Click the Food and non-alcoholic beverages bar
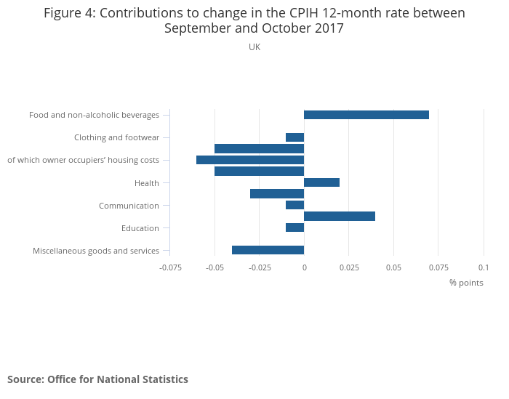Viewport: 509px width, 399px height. (366, 115)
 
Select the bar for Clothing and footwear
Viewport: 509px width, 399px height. (294, 137)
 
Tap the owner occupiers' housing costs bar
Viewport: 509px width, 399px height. (249, 160)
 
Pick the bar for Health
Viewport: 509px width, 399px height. (321, 182)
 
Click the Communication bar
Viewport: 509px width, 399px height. (294, 205)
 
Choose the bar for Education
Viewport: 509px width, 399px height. (294, 227)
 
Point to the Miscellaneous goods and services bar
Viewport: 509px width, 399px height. (268, 250)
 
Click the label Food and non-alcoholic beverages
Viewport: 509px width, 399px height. (94, 115)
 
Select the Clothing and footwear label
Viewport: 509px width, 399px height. (116, 137)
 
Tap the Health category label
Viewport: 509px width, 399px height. (147, 183)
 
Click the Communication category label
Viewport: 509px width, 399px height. (129, 206)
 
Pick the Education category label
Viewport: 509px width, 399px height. (140, 228)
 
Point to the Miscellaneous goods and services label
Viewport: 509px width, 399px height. (96, 251)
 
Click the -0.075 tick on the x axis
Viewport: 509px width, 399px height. (170, 267)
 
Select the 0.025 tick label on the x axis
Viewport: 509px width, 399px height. (349, 267)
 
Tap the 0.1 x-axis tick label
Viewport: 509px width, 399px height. (484, 267)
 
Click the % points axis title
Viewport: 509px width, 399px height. (466, 283)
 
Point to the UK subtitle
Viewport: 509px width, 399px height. (254, 47)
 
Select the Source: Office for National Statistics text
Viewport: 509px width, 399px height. (97, 379)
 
